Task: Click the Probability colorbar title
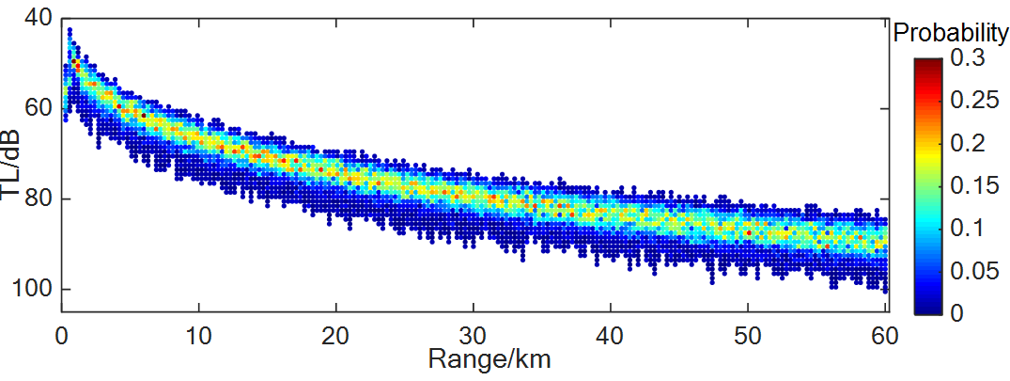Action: coord(950,34)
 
